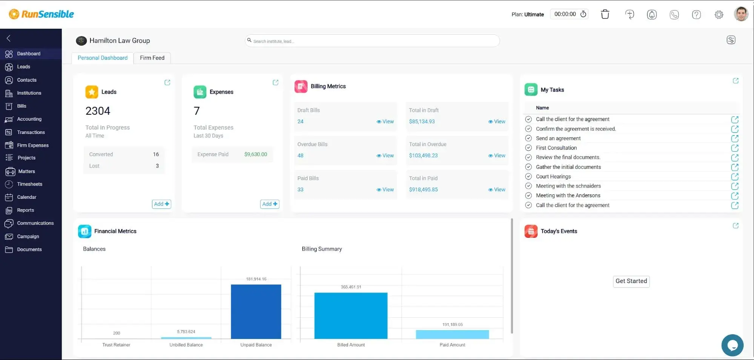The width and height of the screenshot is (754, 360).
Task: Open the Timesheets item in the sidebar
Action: [29, 184]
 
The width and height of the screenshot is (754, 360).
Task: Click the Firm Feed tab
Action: [152, 58]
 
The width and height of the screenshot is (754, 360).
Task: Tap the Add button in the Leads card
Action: [161, 204]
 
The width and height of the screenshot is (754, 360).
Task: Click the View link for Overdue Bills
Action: [385, 155]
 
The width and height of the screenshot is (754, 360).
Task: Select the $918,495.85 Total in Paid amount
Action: [423, 189]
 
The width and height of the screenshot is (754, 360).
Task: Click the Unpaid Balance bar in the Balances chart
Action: [256, 311]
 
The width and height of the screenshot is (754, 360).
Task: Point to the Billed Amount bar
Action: [351, 315]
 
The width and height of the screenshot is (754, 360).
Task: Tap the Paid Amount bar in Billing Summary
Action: [452, 334]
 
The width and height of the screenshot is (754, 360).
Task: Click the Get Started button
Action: [631, 281]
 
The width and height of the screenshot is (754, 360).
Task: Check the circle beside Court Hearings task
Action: [528, 176]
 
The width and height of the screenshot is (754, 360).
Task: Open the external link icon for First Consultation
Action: [734, 148]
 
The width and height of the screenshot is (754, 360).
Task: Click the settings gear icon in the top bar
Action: [719, 14]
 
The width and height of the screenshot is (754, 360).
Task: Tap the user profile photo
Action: [741, 14]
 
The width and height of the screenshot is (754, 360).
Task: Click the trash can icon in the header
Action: [605, 14]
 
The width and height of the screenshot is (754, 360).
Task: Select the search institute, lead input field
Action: [373, 41]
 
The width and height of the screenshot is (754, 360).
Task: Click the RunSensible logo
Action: [41, 14]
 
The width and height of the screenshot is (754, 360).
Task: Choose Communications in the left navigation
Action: [35, 223]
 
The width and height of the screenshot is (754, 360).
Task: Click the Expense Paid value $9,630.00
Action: [255, 154]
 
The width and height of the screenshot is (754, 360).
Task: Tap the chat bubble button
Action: [732, 345]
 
